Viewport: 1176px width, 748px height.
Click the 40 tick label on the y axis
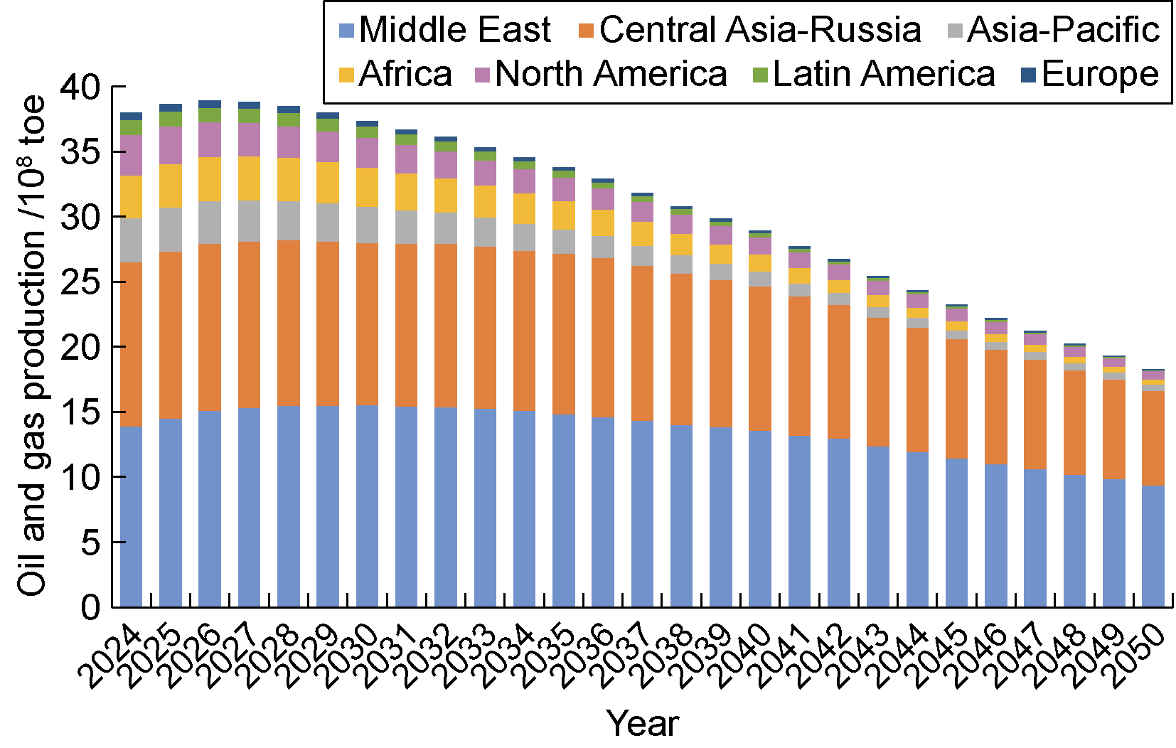[x=81, y=87]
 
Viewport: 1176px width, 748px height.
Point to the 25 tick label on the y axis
[x=81, y=282]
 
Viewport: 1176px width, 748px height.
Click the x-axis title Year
[x=643, y=724]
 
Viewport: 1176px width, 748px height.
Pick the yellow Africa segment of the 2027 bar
[x=249, y=178]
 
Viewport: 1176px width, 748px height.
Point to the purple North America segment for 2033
[x=485, y=173]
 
